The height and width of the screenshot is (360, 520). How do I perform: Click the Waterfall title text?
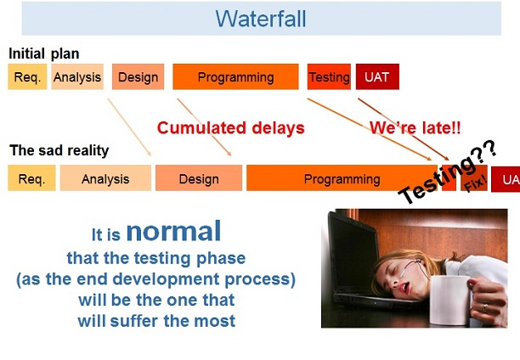click(x=260, y=18)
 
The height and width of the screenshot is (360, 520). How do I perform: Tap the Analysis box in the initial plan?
click(x=77, y=77)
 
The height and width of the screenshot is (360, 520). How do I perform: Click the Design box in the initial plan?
click(x=138, y=77)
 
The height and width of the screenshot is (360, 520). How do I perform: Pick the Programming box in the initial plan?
click(x=235, y=77)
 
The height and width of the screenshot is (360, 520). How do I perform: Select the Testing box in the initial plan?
click(x=329, y=77)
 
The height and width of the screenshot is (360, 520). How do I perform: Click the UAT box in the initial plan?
click(x=376, y=77)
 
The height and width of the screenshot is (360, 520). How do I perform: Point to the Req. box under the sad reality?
click(x=31, y=178)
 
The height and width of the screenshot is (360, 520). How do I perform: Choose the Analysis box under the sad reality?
click(x=105, y=178)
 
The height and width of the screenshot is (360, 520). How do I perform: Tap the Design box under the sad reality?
click(x=198, y=178)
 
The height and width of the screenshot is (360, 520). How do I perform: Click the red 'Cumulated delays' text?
click(x=230, y=128)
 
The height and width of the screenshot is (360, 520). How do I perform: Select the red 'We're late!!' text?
click(x=415, y=128)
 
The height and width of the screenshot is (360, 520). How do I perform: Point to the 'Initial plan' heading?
click(x=43, y=54)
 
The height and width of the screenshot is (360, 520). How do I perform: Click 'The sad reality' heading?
click(x=59, y=151)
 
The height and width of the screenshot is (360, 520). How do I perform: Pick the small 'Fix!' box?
click(x=474, y=179)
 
